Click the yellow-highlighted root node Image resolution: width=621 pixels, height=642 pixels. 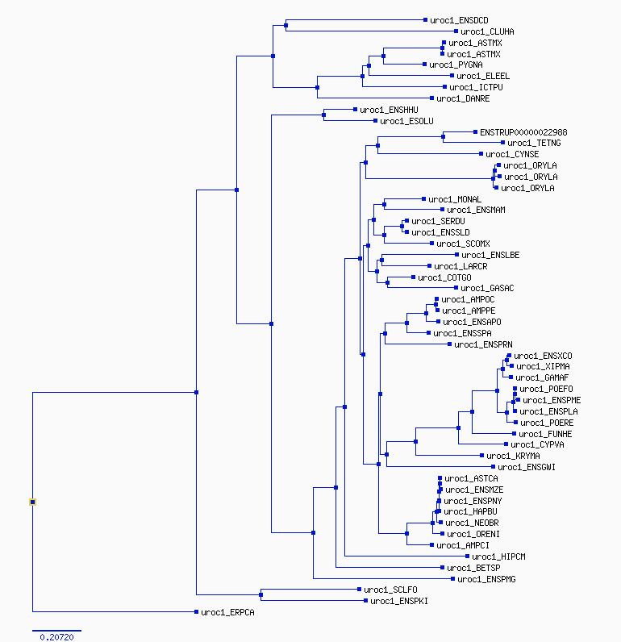pyautogui.click(x=33, y=502)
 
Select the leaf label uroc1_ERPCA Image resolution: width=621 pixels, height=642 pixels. pyautogui.click(x=227, y=612)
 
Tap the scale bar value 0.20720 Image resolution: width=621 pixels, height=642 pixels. pyautogui.click(x=57, y=637)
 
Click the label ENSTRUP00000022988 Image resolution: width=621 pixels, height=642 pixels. pyautogui.click(x=523, y=132)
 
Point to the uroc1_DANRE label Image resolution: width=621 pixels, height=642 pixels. pyautogui.click(x=463, y=98)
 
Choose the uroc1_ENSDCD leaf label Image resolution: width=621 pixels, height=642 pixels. pyautogui.click(x=459, y=20)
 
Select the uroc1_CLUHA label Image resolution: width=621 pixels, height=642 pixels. pyautogui.click(x=487, y=31)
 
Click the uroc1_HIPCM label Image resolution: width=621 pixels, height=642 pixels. pyautogui.click(x=498, y=557)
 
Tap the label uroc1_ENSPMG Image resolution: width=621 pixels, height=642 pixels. pyautogui.click(x=486, y=579)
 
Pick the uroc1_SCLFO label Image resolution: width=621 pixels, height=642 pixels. pyautogui.click(x=390, y=590)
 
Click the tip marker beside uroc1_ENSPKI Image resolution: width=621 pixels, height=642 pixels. pyautogui.click(x=365, y=601)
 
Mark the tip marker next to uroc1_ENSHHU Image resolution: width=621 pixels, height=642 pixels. pyautogui.click(x=355, y=110)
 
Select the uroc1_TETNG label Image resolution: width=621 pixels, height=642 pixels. pyautogui.click(x=534, y=143)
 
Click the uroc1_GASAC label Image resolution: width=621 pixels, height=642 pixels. pyautogui.click(x=487, y=288)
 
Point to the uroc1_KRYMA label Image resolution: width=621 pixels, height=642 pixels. pyautogui.click(x=513, y=456)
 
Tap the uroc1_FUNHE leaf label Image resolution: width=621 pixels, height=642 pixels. pyautogui.click(x=545, y=434)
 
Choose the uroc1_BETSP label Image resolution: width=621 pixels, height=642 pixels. pyautogui.click(x=473, y=568)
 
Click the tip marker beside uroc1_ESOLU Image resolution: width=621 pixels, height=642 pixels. pyautogui.click(x=375, y=121)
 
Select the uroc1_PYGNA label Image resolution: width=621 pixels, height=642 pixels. pyautogui.click(x=456, y=65)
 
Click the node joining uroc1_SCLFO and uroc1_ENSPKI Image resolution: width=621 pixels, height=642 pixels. pyautogui.click(x=260, y=594)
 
